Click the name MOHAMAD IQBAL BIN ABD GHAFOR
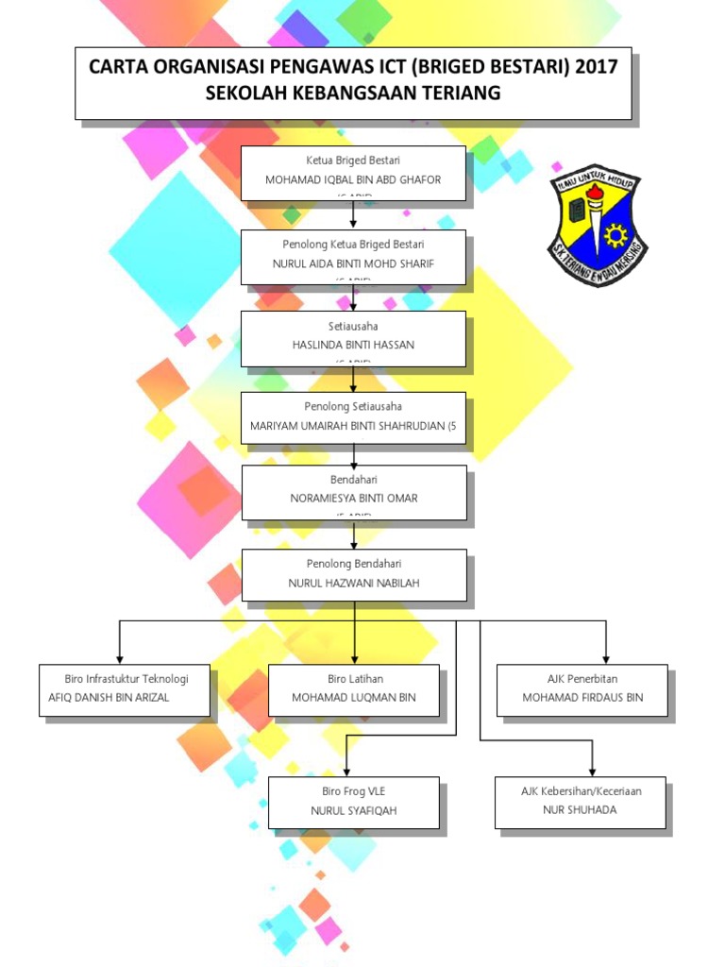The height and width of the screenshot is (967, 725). pos(353,179)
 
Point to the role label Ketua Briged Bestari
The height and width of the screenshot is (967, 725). pos(353,161)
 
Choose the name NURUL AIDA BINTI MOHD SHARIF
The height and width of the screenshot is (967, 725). pos(353,263)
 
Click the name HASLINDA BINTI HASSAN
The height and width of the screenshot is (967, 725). pos(353,345)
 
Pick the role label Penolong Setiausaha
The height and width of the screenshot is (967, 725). pos(353,407)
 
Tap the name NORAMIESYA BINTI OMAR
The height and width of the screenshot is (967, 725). pos(353,498)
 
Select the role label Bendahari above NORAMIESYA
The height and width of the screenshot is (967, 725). pos(353,480)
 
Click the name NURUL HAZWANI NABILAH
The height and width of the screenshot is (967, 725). pos(353,583)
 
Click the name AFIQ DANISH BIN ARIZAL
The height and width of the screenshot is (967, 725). pos(115,698)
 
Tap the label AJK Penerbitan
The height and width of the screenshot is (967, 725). pos(582,679)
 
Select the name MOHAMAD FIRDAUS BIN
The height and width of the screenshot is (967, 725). pos(582,698)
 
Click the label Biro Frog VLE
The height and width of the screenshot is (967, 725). pos(354,791)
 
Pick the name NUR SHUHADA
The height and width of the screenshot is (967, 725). pos(582,810)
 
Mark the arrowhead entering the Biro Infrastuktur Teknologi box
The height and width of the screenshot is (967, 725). pos(119,658)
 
